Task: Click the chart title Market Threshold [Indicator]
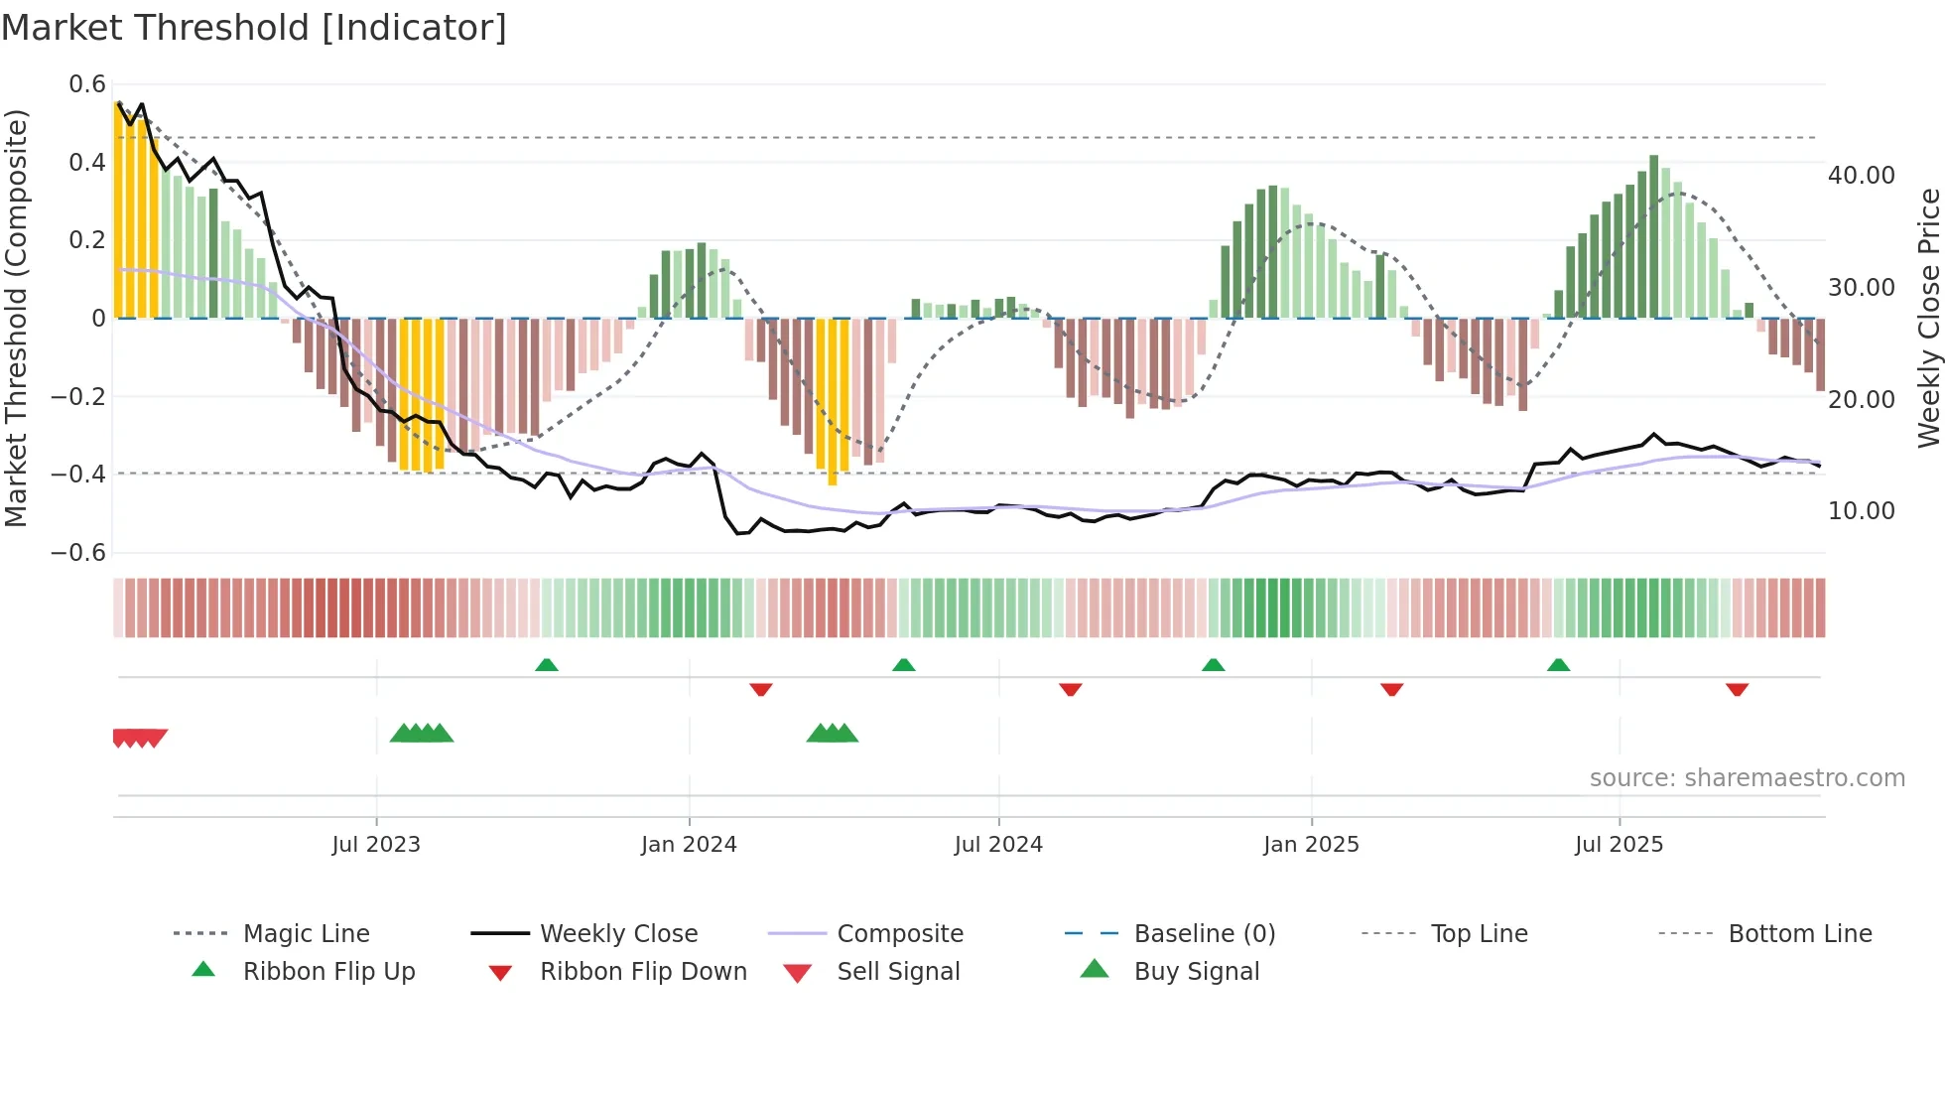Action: click(254, 28)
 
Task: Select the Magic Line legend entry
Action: click(306, 934)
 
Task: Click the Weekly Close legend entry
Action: click(618, 934)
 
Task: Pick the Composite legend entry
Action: click(899, 934)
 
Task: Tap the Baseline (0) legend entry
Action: click(1204, 934)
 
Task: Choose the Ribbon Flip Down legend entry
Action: click(642, 972)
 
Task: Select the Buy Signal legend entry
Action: click(1196, 972)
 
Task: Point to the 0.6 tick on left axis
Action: click(87, 84)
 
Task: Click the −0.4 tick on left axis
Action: click(78, 475)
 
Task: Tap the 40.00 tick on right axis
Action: click(1861, 176)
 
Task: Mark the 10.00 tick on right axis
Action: click(1861, 511)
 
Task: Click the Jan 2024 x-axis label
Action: click(689, 845)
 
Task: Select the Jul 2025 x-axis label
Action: click(1619, 845)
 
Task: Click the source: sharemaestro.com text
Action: click(1747, 778)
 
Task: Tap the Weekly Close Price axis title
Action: click(1928, 318)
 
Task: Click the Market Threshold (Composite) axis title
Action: click(16, 318)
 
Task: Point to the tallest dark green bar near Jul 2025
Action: click(1654, 236)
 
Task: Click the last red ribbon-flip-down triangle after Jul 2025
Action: click(1737, 689)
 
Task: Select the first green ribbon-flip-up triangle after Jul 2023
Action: click(547, 665)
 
